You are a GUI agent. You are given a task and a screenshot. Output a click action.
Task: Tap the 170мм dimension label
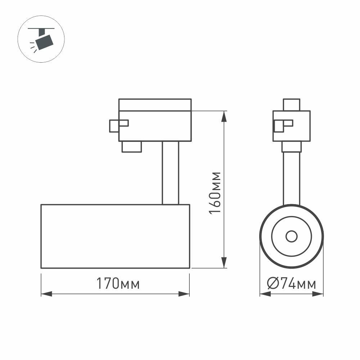tap(117, 284)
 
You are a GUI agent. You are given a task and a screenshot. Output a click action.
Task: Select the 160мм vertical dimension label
tap(215, 193)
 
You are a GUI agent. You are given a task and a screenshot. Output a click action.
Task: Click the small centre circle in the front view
tap(291, 237)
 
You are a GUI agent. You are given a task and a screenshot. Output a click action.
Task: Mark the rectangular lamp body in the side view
tap(115, 236)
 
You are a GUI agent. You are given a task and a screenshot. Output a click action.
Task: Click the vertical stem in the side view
tap(170, 173)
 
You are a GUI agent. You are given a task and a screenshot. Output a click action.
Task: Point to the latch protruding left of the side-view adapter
tap(114, 126)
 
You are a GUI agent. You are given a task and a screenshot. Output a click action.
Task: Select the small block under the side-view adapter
tap(131, 147)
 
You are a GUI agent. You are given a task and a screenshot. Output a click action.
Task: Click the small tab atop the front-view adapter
tap(291, 104)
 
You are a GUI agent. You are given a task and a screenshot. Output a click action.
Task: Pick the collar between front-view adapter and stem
tap(291, 147)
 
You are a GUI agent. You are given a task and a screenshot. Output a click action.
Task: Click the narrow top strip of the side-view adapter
tap(155, 105)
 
